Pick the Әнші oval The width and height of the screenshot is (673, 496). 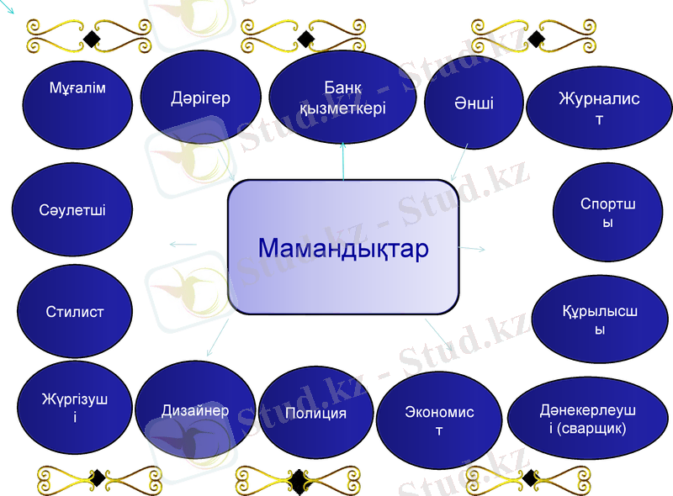474,103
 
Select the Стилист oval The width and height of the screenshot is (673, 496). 75,312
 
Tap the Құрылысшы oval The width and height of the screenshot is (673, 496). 599,320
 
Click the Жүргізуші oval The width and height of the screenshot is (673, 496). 75,408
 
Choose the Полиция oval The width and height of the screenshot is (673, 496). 315,414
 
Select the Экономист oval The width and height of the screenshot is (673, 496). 439,420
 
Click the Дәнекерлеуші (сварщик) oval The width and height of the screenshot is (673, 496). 587,419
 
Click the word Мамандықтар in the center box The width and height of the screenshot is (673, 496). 343,249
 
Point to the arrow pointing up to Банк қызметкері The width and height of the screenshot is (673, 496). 343,160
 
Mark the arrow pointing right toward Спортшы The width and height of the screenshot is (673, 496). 473,249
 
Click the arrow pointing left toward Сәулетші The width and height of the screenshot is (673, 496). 182,244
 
